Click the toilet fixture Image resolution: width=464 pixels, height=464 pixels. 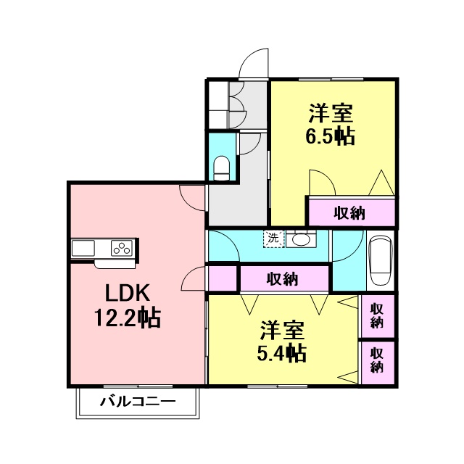221,167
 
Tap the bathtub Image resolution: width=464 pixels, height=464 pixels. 381,260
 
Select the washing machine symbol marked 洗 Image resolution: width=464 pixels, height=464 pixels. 274,239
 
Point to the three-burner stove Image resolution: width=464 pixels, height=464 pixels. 122,248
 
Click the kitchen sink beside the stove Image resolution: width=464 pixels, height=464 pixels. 83,248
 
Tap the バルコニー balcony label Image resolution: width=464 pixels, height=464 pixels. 138,402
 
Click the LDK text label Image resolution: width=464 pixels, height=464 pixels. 127,293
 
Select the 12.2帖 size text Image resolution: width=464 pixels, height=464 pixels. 128,318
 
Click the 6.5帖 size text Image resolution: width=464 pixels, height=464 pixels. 330,136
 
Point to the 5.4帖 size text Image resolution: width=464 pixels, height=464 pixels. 281,353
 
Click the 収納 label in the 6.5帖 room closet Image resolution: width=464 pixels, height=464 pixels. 349,212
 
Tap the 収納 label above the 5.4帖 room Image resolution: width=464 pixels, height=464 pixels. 282,278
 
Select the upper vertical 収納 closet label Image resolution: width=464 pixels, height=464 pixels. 377,315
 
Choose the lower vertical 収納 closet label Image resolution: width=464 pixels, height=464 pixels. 377,360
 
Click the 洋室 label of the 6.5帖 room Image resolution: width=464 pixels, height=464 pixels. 331,113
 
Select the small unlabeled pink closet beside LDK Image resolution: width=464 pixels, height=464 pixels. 223,278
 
